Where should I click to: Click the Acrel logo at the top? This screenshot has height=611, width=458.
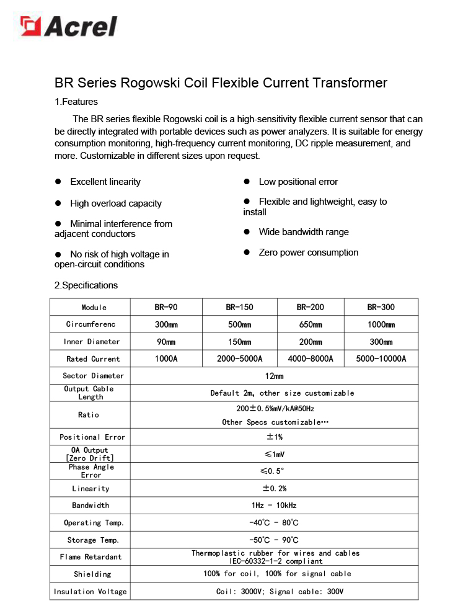(x=68, y=26)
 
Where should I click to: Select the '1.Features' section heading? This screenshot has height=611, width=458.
(x=76, y=102)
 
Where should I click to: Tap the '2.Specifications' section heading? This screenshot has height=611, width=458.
(x=86, y=285)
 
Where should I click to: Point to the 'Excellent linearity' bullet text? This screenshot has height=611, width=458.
(x=105, y=182)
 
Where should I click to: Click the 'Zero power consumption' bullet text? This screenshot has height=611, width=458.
(x=309, y=252)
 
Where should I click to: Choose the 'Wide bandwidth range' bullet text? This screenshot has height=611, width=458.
(x=304, y=232)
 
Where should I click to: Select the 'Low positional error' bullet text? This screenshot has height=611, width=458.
(x=298, y=182)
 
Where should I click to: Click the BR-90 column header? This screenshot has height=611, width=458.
(x=166, y=307)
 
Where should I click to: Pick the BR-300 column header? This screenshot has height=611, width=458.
(x=381, y=307)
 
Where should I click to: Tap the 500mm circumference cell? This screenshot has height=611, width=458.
(x=239, y=324)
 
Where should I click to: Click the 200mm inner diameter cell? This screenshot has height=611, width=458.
(x=310, y=342)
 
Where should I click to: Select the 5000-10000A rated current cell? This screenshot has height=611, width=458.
(x=381, y=359)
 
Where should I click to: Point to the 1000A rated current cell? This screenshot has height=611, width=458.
(x=166, y=359)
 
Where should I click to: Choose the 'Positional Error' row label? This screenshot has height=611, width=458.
(x=92, y=437)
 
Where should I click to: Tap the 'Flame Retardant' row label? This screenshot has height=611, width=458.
(x=90, y=557)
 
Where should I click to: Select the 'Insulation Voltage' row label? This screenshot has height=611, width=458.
(x=90, y=592)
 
